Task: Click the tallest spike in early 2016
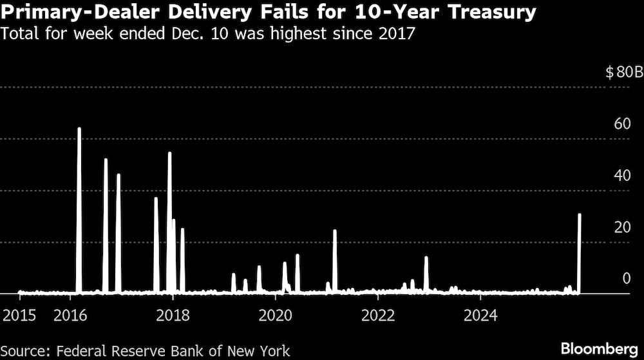(x=79, y=193)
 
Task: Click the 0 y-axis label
(x=625, y=278)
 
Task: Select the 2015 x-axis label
(x=20, y=315)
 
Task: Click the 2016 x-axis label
(x=71, y=315)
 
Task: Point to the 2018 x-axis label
(x=173, y=315)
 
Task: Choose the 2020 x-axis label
(x=276, y=315)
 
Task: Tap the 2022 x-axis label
(x=378, y=315)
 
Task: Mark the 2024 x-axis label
(x=481, y=315)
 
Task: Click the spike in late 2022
(x=426, y=274)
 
